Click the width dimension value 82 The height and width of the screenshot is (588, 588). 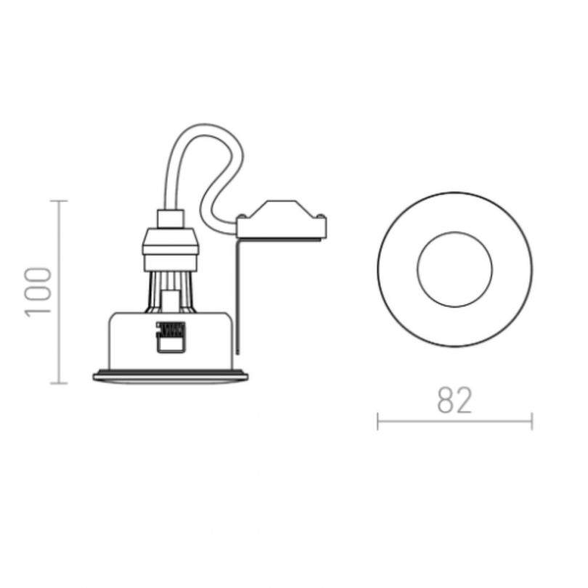(x=455, y=400)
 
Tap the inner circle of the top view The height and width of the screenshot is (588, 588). (x=454, y=269)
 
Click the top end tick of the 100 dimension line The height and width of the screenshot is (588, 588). (x=59, y=200)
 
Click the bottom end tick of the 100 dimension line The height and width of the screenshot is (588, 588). (x=59, y=383)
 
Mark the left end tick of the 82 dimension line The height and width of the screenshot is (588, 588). (x=378, y=421)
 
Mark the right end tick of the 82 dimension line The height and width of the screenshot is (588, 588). (x=532, y=421)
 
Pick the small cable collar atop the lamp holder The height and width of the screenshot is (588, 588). (x=171, y=216)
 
